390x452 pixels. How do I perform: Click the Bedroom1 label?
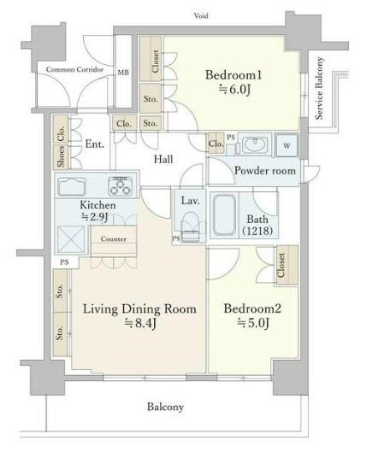233,75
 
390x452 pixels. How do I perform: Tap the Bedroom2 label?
252,308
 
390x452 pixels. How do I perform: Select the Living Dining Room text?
139,309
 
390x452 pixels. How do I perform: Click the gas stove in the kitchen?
121,186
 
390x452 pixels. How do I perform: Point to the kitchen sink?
72,186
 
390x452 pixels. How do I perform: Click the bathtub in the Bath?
224,214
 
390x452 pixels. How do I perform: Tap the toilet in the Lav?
190,227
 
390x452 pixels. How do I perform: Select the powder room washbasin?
255,144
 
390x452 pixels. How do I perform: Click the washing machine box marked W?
287,145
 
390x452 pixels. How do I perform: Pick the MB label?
123,73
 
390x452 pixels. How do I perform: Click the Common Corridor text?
74,69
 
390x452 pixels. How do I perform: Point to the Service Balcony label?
319,88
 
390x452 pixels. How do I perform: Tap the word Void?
201,15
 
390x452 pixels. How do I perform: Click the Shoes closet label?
61,156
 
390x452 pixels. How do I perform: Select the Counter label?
114,239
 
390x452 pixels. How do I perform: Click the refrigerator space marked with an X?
71,239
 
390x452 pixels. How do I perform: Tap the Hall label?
163,159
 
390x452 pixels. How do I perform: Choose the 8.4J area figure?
140,323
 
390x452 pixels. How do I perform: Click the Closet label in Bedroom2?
281,265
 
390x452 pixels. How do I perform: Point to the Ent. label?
95,144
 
